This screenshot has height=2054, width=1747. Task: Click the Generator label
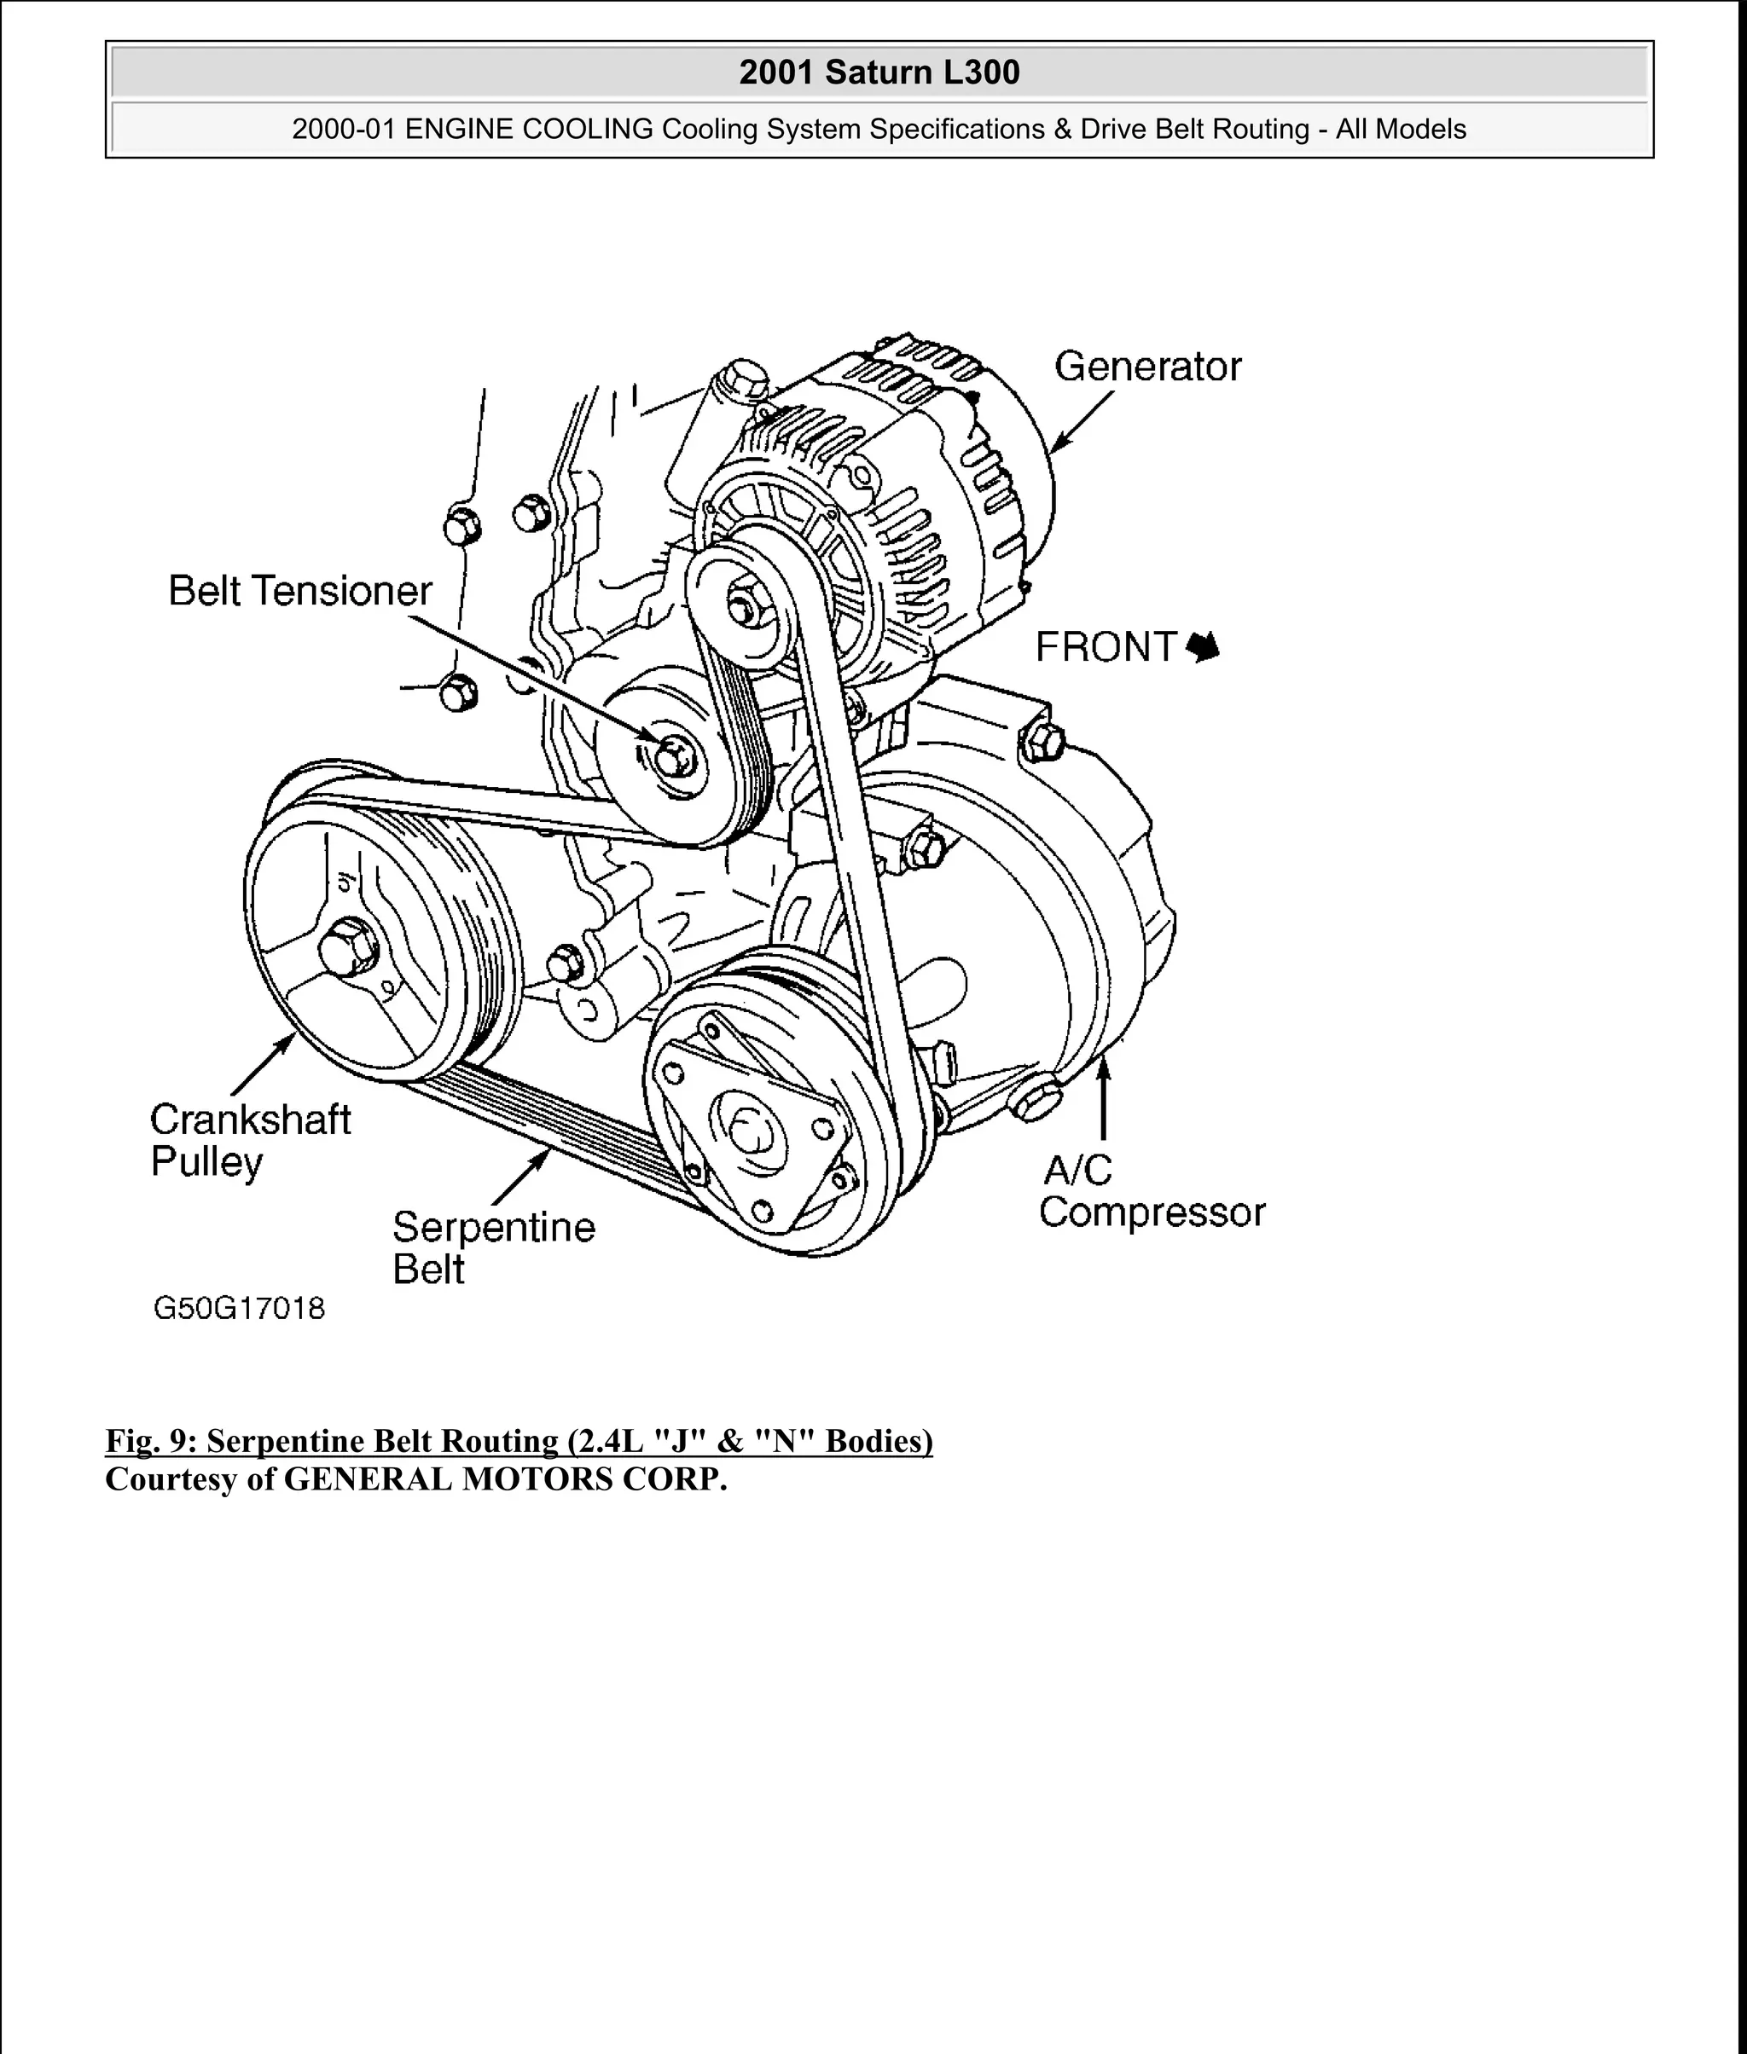coord(1146,367)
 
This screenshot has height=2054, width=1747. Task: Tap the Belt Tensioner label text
coord(300,591)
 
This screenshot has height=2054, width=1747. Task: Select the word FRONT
coord(1106,647)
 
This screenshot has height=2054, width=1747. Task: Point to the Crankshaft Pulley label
coord(250,1140)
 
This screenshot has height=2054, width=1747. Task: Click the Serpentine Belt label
coord(492,1247)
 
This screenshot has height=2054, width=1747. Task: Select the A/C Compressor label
coord(1151,1192)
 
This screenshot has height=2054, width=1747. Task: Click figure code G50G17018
coord(239,1309)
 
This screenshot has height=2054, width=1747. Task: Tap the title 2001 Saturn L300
coord(879,72)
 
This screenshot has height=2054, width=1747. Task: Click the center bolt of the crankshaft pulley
coord(348,946)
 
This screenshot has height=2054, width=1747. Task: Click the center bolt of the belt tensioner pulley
coord(673,758)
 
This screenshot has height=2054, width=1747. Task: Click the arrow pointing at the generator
coord(1082,423)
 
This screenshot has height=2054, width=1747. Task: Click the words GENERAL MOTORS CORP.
coord(505,1478)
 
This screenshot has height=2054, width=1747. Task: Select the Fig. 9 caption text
coord(518,1440)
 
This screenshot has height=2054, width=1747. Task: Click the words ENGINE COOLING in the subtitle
coord(529,130)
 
